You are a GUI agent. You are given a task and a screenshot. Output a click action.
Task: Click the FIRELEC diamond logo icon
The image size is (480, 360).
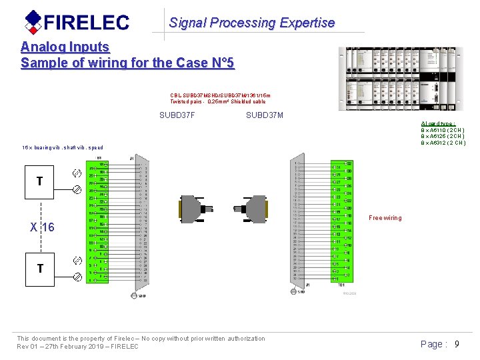(33, 22)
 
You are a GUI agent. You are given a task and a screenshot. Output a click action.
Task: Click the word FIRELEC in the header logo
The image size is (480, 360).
(87, 23)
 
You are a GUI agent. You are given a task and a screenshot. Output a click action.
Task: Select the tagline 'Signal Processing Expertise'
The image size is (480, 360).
(251, 23)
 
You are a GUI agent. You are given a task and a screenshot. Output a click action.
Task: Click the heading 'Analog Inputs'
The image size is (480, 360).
(65, 47)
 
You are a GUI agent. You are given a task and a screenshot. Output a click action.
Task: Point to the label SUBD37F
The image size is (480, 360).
(177, 115)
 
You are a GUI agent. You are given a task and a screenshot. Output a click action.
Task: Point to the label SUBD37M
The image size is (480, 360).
(264, 115)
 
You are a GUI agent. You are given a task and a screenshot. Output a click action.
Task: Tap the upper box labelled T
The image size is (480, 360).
(40, 181)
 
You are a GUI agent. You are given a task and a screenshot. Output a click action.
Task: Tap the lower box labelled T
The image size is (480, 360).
(40, 268)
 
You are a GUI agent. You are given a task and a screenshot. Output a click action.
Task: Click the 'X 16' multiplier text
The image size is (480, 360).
(42, 227)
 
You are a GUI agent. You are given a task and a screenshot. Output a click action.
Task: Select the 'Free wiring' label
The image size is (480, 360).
(385, 218)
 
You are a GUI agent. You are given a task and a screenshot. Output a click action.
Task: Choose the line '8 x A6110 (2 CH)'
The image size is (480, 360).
(443, 130)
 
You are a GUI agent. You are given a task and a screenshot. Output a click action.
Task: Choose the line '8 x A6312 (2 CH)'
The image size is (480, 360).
(443, 142)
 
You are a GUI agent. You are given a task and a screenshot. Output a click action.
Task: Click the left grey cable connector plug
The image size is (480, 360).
(195, 208)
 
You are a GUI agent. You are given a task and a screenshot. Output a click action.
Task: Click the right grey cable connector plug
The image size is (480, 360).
(251, 208)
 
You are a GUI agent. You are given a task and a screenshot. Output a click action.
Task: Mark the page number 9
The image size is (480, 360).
(457, 344)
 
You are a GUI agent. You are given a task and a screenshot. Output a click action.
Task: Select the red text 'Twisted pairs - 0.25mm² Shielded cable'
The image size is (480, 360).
(217, 102)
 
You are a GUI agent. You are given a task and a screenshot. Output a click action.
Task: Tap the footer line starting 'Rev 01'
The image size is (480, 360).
(77, 347)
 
